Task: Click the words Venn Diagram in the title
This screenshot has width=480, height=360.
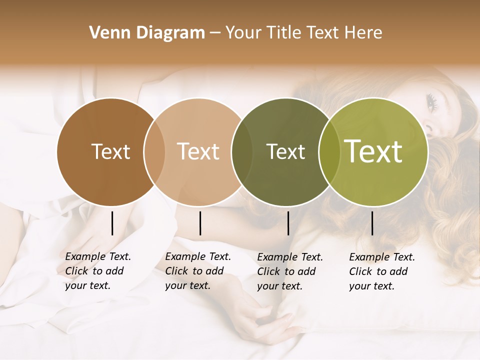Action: click(147, 33)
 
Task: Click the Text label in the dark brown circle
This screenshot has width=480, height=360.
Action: click(110, 151)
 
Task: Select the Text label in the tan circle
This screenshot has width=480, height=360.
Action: click(198, 151)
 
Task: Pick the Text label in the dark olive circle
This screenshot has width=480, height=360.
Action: click(285, 151)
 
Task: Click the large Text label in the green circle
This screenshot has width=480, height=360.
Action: click(373, 151)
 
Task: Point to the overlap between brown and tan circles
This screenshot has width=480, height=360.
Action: click(154, 151)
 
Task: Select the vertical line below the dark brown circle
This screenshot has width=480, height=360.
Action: click(112, 223)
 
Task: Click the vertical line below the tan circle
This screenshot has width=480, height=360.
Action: click(200, 223)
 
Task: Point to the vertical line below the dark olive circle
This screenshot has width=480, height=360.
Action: click(288, 223)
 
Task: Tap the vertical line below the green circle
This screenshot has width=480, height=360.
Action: click(372, 223)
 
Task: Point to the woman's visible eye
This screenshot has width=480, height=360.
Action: click(431, 102)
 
